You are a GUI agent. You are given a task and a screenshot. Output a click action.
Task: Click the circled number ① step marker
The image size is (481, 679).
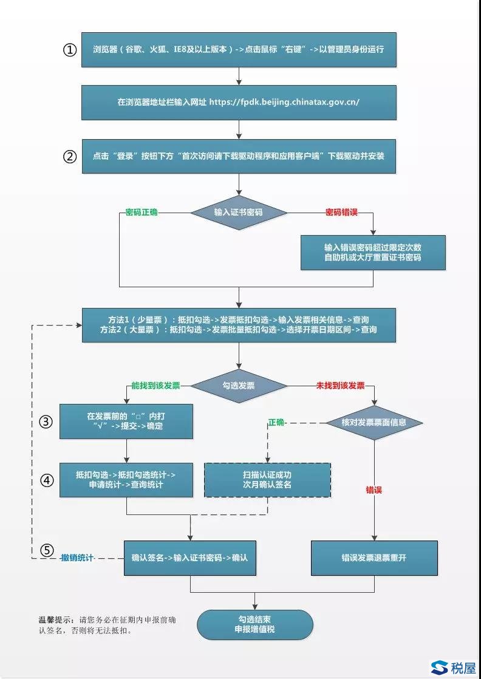pyautogui.click(x=70, y=50)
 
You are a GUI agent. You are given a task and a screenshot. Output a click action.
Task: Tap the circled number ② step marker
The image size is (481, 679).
pyautogui.click(x=70, y=156)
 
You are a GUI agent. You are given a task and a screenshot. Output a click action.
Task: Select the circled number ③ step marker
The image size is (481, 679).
pyautogui.click(x=47, y=421)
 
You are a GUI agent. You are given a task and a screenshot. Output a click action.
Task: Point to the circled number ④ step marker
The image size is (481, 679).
pyautogui.click(x=47, y=480)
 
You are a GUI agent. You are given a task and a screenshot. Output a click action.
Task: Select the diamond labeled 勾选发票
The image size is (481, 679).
pyautogui.click(x=239, y=386)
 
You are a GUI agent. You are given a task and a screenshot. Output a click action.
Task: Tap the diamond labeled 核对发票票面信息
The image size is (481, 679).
pyautogui.click(x=374, y=422)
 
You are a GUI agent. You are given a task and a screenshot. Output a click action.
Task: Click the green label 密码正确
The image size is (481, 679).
pyautogui.click(x=142, y=212)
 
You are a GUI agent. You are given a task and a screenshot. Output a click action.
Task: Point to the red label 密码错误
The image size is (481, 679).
pyautogui.click(x=341, y=212)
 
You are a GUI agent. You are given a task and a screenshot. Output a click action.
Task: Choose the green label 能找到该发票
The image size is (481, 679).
pyautogui.click(x=160, y=386)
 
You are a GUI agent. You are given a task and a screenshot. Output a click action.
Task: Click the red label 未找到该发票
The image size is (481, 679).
pyautogui.click(x=340, y=386)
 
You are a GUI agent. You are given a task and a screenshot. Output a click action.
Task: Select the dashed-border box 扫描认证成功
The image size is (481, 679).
pyautogui.click(x=267, y=480)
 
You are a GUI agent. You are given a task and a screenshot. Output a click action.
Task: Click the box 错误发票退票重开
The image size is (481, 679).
pyautogui.click(x=374, y=558)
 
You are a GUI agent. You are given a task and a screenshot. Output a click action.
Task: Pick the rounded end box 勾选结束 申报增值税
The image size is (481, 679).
pyautogui.click(x=255, y=624)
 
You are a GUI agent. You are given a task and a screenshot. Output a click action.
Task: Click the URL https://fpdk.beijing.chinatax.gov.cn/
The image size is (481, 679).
pyautogui.click(x=284, y=102)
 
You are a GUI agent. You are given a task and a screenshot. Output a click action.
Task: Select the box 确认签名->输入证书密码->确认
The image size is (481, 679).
pyautogui.click(x=190, y=558)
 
